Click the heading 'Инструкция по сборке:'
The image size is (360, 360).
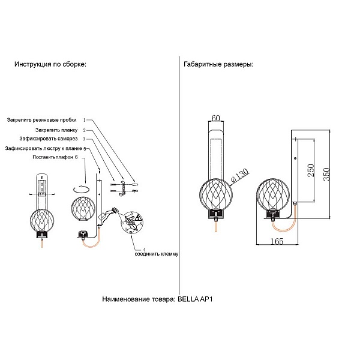coord(50,64)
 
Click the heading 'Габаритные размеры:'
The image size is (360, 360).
coord(218,64)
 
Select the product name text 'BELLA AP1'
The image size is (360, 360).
coord(195,299)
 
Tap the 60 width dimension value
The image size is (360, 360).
coord(215,118)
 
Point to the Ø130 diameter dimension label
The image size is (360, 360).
coord(239,175)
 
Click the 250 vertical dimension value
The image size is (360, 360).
coord(310,170)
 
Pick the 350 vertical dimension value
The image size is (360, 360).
coord(326,174)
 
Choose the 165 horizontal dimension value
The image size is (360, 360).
coord(277,241)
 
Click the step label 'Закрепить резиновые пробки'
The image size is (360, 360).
coord(41,120)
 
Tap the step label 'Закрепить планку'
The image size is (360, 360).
coord(56,130)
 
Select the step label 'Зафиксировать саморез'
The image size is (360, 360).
coord(49,139)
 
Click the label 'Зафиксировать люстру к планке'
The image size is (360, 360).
coord(44,149)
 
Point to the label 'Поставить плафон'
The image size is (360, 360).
coord(53,157)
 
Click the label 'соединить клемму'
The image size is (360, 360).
coord(157,254)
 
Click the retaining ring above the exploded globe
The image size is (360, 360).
coord(81,190)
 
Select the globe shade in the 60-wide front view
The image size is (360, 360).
coord(216,194)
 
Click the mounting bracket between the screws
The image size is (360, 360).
coord(123,188)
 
